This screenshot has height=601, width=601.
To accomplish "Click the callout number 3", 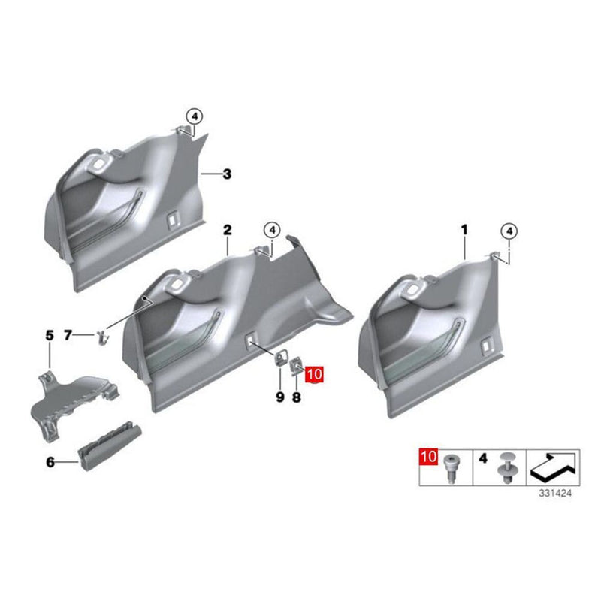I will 228,174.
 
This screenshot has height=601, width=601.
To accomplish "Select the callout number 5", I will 50,334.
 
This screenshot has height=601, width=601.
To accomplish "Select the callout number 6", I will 50,463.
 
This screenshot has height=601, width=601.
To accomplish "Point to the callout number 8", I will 296,397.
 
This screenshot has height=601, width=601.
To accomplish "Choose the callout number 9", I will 279,397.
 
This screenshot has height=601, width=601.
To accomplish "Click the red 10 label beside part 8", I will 314,373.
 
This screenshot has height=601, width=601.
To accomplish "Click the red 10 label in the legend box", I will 427,456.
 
